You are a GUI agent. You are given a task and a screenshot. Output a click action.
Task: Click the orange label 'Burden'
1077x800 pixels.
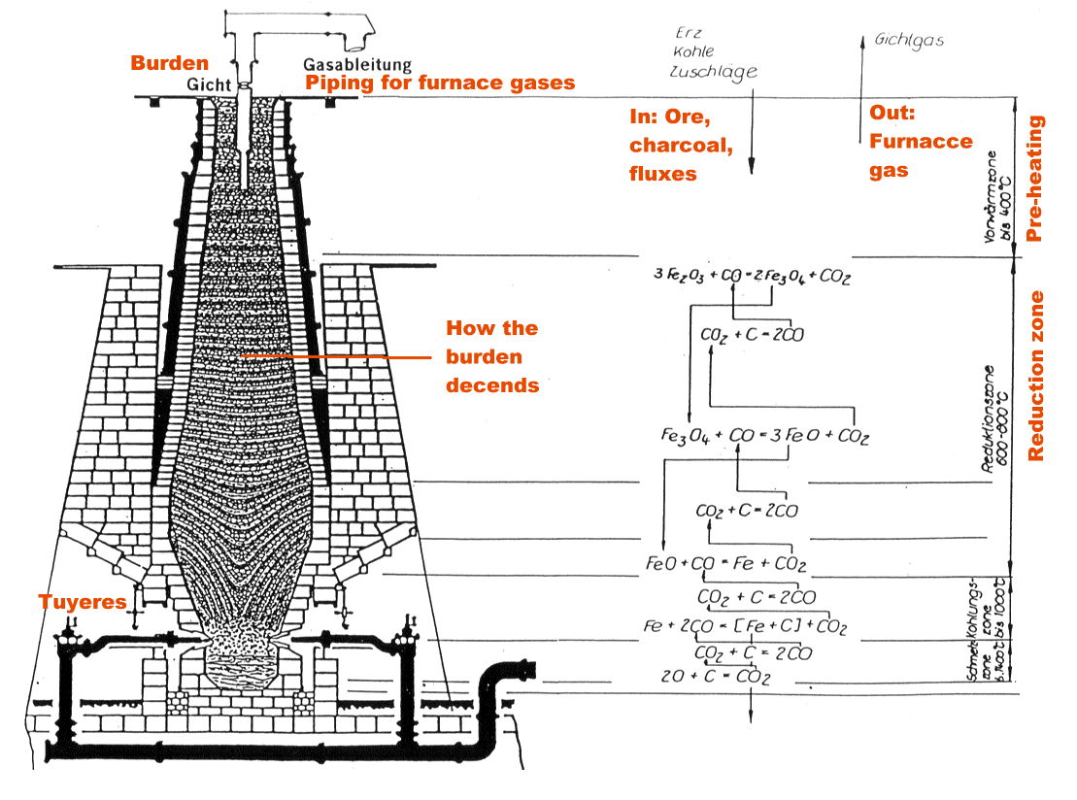170,64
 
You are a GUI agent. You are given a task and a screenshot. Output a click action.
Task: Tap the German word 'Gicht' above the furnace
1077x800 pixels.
207,84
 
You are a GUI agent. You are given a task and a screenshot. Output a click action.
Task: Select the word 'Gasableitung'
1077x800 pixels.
357,65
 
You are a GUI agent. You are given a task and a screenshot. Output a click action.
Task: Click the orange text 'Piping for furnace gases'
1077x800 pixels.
440,83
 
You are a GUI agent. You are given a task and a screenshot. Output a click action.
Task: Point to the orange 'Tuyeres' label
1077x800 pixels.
83,602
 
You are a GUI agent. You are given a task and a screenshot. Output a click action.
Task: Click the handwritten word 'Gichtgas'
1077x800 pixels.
909,41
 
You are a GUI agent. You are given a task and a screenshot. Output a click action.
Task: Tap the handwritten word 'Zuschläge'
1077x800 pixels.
714,72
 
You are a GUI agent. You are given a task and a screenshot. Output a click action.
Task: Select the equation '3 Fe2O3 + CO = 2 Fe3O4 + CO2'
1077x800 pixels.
753,276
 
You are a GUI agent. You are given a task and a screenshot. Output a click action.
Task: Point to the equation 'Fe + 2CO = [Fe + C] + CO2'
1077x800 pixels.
745,627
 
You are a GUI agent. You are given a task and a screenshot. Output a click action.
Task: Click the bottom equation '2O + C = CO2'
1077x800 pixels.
716,678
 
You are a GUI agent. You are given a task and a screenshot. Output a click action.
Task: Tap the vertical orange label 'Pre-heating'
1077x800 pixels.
1035,179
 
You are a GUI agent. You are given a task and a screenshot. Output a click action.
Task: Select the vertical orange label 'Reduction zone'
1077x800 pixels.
1036,376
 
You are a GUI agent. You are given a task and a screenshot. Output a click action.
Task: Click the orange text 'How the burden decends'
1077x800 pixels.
492,356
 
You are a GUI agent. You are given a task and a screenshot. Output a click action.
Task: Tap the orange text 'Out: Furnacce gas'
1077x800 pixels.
920,141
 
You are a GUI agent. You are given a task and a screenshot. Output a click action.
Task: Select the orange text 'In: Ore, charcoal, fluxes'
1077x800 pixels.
677,146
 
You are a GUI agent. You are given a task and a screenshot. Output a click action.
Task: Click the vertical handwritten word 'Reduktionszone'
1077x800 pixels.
989,417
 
